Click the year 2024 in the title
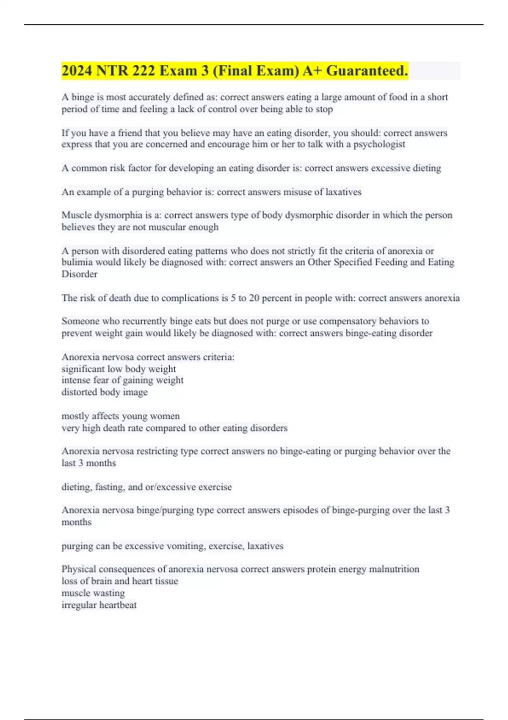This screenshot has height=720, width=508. pos(77,71)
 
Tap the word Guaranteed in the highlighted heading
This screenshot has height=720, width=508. pos(367,71)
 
